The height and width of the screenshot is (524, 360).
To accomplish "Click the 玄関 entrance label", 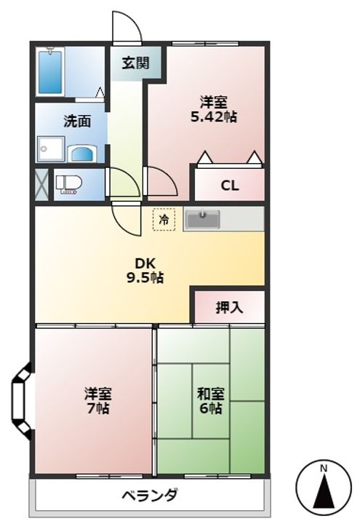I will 135,63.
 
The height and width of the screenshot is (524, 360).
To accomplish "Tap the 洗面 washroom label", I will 77,122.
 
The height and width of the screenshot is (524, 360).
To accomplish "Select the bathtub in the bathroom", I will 52,73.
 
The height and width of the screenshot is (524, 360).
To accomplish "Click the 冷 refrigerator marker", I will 164,218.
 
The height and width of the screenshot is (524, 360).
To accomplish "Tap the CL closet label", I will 230,186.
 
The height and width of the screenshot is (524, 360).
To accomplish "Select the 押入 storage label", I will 229,307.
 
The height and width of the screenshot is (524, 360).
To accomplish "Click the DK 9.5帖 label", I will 148,270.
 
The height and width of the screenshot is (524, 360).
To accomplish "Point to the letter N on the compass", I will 324,467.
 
